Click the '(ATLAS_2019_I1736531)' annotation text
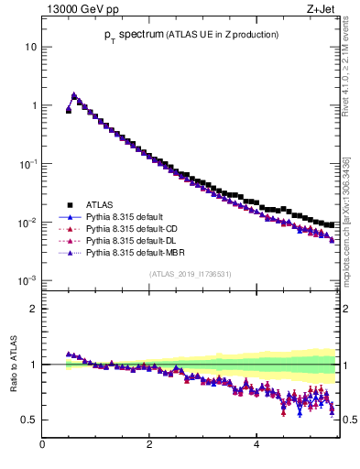click(191, 273)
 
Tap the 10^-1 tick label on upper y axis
click(28, 164)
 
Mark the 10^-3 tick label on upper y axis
click(28, 281)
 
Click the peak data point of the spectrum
click(74, 95)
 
